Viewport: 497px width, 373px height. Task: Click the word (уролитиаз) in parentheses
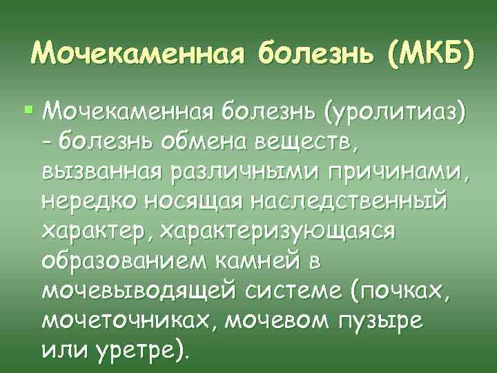coord(395,111)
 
